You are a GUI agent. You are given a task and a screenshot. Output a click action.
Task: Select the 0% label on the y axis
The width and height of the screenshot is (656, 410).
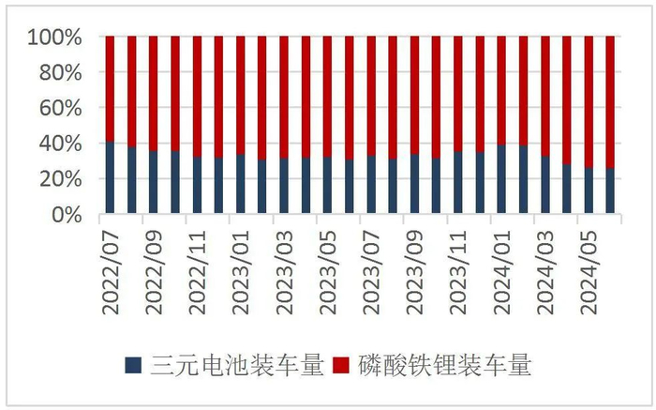pyautogui.click(x=71, y=215)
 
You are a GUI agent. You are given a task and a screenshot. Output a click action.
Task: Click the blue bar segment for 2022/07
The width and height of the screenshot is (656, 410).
pyautogui.click(x=111, y=177)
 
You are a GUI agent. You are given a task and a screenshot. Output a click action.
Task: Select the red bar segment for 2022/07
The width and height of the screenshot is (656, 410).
pyautogui.click(x=111, y=89)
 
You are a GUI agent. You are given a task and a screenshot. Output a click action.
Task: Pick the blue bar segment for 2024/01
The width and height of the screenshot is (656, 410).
pyautogui.click(x=501, y=179)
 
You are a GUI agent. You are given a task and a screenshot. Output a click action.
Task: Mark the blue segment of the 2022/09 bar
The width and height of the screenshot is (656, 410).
pyautogui.click(x=154, y=182)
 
